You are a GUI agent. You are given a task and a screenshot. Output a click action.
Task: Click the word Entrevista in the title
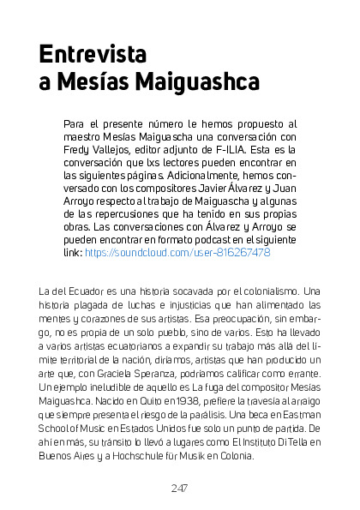coord(93,54)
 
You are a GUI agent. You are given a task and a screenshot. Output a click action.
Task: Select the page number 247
coord(179,488)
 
